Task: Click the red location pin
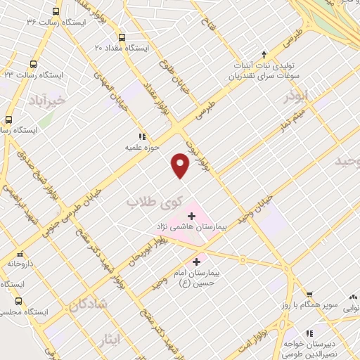(181, 165)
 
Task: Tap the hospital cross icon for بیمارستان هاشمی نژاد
(191, 214)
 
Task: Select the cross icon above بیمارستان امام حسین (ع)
(195, 261)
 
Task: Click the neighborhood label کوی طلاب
(150, 202)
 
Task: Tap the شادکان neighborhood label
(87, 304)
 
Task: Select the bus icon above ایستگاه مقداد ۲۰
(122, 37)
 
